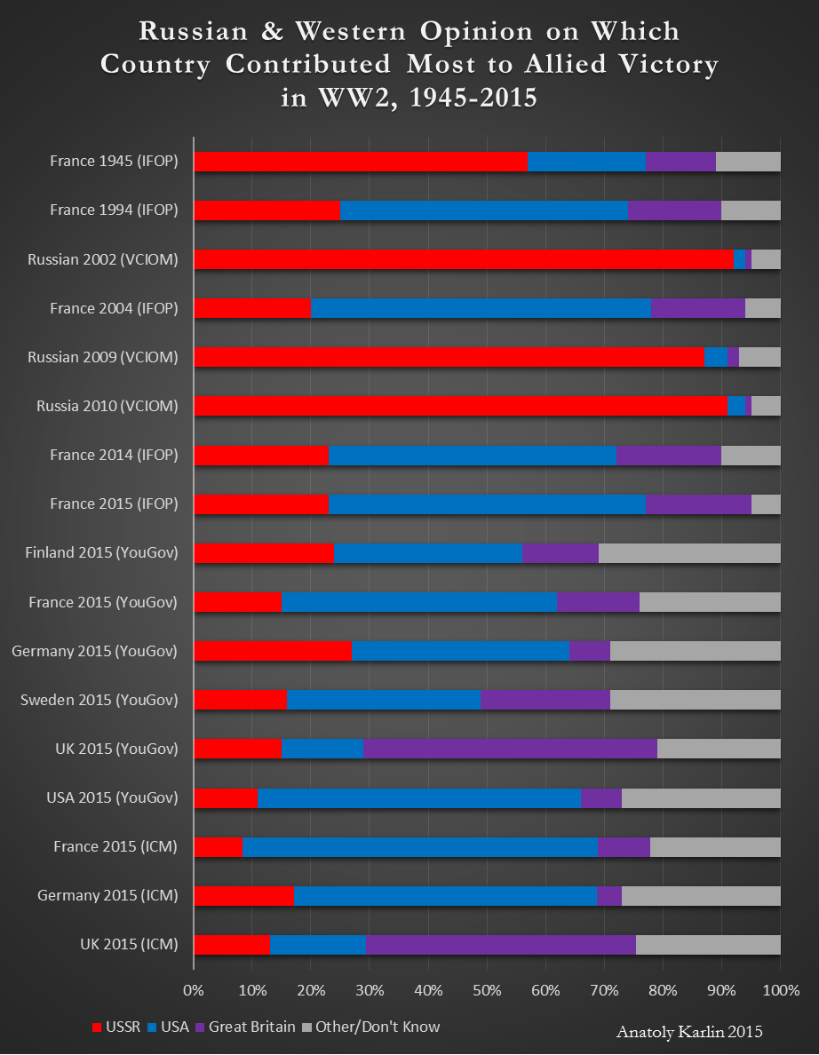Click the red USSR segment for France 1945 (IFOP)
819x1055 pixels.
(x=360, y=162)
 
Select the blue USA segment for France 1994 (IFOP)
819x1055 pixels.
(x=484, y=210)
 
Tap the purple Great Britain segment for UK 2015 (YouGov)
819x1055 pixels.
(x=510, y=749)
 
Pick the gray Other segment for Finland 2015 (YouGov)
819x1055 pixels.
(x=689, y=552)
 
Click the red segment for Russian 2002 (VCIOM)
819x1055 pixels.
(x=463, y=259)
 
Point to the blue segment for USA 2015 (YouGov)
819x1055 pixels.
(x=418, y=797)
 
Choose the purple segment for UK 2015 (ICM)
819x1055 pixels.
(x=500, y=944)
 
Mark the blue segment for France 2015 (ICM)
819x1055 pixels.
(x=420, y=846)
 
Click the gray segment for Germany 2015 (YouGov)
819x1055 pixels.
(x=695, y=651)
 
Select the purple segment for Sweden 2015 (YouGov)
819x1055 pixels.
(x=545, y=700)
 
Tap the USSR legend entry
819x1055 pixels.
(x=116, y=1027)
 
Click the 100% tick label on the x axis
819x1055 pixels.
(x=781, y=990)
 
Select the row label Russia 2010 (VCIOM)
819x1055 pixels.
(x=107, y=406)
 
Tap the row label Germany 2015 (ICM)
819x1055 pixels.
(x=107, y=895)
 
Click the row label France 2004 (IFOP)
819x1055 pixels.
(x=114, y=308)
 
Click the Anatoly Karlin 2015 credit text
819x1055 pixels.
(x=689, y=1032)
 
